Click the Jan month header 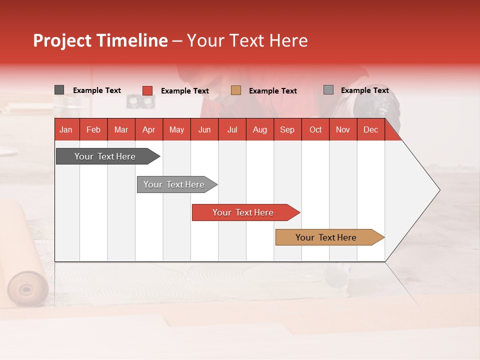point(66,129)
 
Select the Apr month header point(149,129)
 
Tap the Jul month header point(232,129)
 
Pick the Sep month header point(287,129)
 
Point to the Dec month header point(370,129)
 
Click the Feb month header point(93,129)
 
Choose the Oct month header point(315,129)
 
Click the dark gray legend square point(59,90)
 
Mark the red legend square point(147,90)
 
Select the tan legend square point(236,90)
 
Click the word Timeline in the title point(132,40)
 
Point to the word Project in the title point(62,40)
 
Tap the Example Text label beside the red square point(184,91)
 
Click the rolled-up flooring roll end point(27,288)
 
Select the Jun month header point(204,129)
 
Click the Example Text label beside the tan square point(272,91)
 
